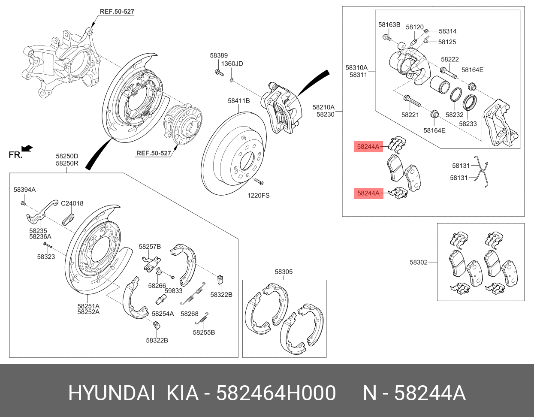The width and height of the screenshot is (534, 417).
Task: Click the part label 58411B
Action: click(238, 101)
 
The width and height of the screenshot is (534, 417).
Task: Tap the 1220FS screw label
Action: click(258, 196)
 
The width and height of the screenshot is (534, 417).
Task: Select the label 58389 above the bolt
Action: click(219, 55)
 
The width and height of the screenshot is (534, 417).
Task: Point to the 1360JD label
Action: click(232, 63)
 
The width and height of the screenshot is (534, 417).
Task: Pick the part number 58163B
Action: click(389, 24)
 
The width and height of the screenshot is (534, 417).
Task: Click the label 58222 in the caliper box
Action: click(450, 59)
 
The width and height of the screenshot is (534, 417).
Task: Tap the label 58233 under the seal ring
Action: click(468, 124)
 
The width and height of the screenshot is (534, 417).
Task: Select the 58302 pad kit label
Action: click(419, 262)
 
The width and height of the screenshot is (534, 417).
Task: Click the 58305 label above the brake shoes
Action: click(284, 272)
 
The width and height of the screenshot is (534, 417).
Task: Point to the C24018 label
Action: click(72, 203)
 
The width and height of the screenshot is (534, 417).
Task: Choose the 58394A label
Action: click(24, 190)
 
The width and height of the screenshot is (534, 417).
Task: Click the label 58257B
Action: click(150, 246)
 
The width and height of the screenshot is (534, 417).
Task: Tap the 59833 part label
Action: click(173, 290)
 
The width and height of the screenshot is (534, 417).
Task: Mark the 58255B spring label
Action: click(204, 332)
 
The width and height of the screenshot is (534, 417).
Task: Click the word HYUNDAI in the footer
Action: click(112, 393)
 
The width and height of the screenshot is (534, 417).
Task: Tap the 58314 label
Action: click(447, 31)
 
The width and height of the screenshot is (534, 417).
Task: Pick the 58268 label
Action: click(189, 314)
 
